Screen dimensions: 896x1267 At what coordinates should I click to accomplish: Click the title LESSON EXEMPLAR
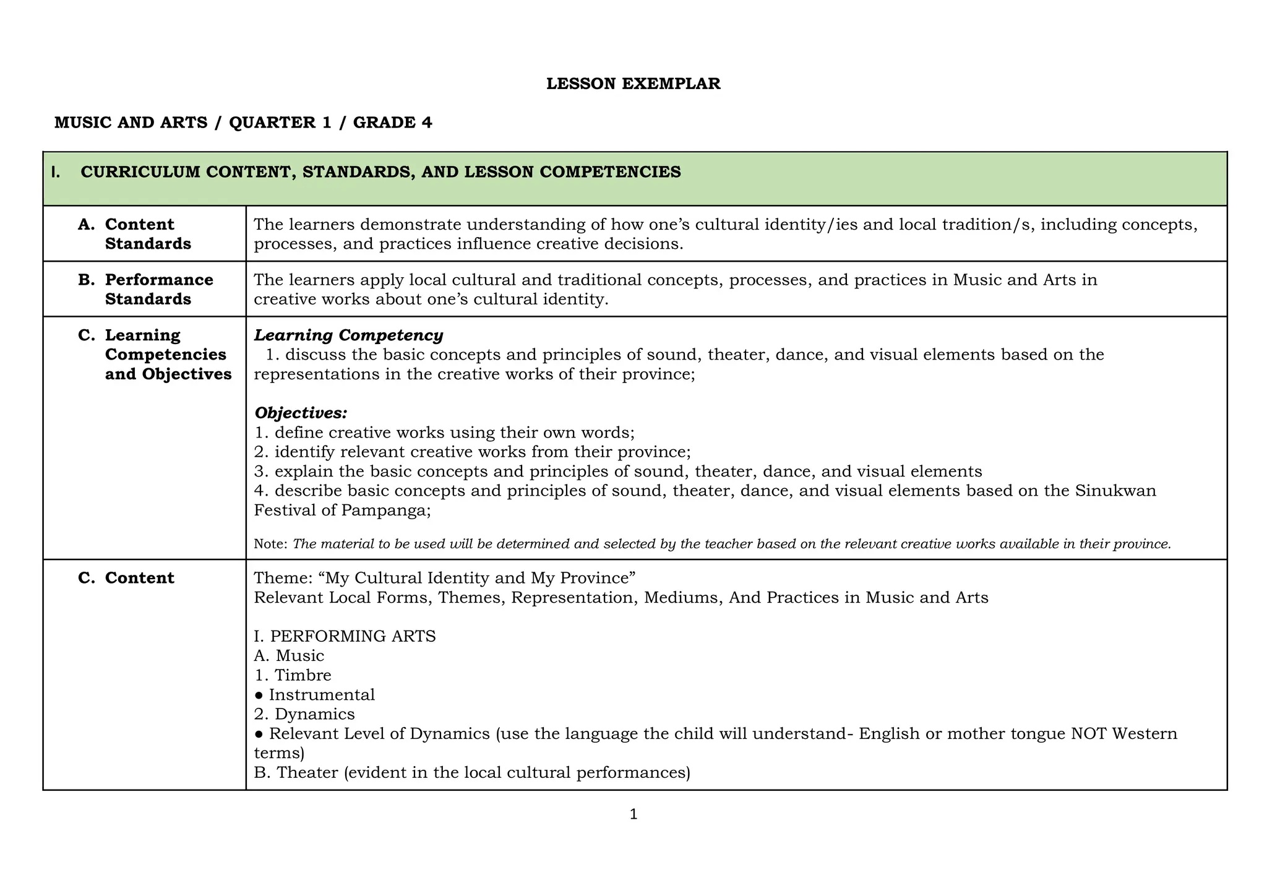(x=633, y=84)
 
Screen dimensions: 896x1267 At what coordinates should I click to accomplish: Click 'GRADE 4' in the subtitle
(x=392, y=123)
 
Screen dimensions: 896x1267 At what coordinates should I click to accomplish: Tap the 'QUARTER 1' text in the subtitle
(x=280, y=123)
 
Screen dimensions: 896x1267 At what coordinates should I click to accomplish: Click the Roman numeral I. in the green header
(x=56, y=172)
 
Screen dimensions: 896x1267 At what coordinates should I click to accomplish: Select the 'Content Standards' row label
(x=148, y=234)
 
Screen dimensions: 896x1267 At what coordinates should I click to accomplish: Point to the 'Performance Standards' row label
(x=158, y=289)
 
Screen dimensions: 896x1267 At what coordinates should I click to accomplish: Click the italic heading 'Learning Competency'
(x=348, y=335)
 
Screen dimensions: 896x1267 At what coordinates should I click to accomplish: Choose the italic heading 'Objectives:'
(x=301, y=413)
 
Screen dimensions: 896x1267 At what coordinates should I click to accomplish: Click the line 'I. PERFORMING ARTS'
(x=345, y=636)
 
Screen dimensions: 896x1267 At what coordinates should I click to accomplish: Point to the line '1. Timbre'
(x=293, y=675)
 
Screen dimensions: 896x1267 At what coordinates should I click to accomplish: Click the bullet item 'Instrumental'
(x=321, y=695)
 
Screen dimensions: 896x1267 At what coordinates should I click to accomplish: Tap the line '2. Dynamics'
(x=304, y=714)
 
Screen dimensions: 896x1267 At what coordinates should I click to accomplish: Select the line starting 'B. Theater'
(x=471, y=773)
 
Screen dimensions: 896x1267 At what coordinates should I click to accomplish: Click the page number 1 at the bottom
(x=633, y=814)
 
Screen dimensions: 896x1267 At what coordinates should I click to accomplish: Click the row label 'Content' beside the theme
(x=139, y=578)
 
